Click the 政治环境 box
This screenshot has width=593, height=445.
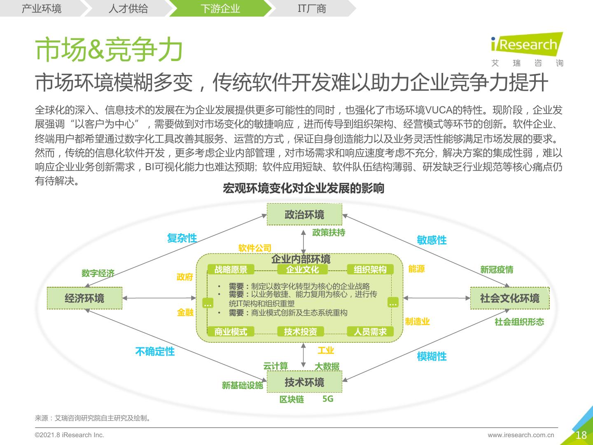(x=304, y=214)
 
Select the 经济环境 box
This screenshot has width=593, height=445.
(x=84, y=298)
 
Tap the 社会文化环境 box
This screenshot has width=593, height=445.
(x=509, y=298)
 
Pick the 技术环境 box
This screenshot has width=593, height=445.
(x=304, y=382)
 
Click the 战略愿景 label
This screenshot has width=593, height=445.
(x=231, y=269)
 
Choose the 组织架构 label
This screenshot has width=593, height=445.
(x=370, y=269)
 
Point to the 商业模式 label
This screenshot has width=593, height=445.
(x=231, y=331)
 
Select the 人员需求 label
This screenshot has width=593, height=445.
(x=370, y=331)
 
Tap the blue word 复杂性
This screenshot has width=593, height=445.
(x=182, y=238)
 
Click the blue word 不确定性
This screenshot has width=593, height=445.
(x=155, y=351)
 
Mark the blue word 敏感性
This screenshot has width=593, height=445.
(x=432, y=240)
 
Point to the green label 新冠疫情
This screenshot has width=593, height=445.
(x=497, y=269)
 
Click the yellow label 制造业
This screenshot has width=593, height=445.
(x=417, y=321)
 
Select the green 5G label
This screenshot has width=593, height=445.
(x=328, y=399)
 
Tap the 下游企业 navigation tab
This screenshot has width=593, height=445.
(x=220, y=8)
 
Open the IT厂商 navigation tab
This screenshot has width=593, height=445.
(x=312, y=8)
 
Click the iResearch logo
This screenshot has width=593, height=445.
(x=527, y=45)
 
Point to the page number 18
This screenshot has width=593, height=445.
(x=581, y=435)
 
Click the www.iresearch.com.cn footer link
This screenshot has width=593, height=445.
(x=521, y=435)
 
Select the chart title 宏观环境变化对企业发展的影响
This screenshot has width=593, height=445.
(x=304, y=188)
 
